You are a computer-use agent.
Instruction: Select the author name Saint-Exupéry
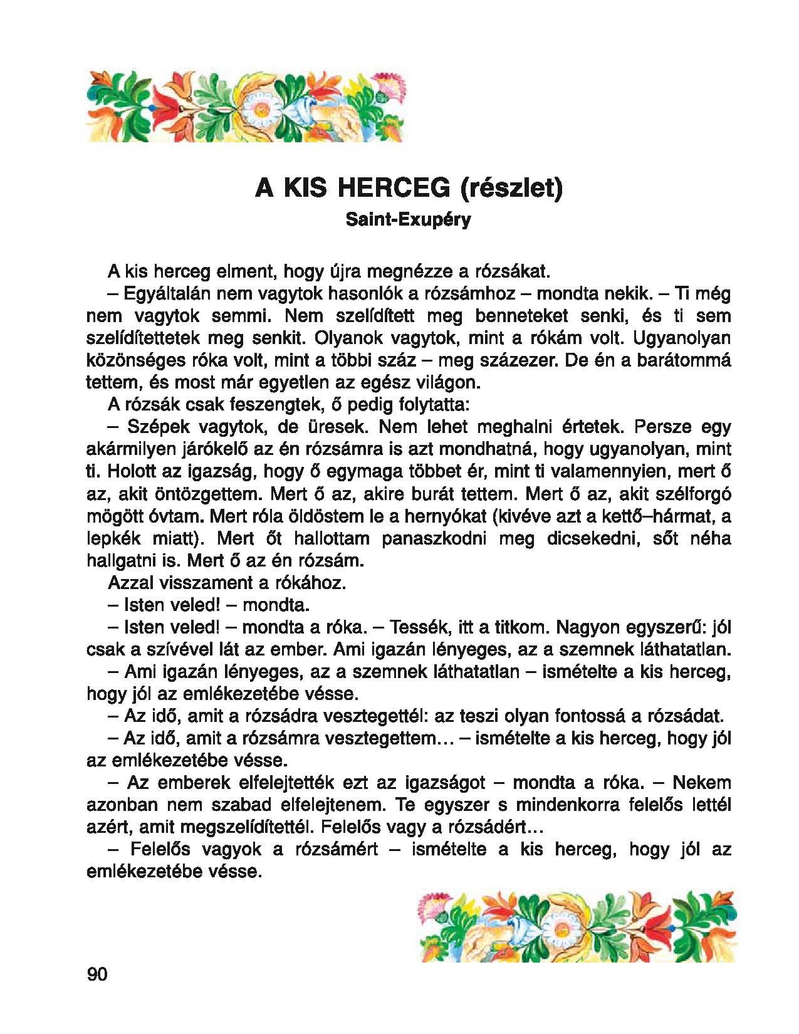(407, 221)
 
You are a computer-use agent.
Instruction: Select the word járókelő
(204, 449)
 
